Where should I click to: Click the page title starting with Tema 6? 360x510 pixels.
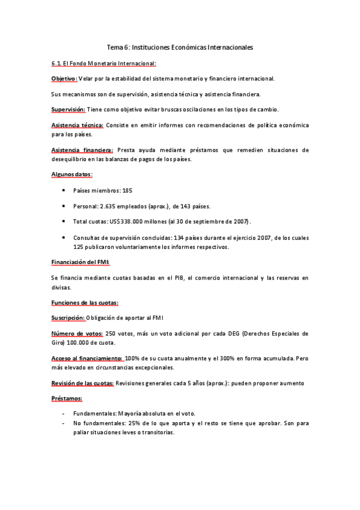(180, 46)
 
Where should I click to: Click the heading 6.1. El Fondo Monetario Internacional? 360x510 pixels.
(103, 63)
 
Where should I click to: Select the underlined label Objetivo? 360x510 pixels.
(64, 79)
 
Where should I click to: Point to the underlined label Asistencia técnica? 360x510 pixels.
(77, 125)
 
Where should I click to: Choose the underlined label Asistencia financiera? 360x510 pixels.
(82, 150)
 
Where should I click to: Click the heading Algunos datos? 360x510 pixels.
(72, 174)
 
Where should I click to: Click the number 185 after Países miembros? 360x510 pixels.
(127, 190)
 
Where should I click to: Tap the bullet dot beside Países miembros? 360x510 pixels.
(64, 190)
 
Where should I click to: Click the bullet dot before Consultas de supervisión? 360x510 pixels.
(64, 237)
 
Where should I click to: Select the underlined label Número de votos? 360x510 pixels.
(76, 333)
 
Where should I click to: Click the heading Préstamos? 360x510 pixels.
(67, 399)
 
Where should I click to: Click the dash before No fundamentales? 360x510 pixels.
(64, 423)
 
